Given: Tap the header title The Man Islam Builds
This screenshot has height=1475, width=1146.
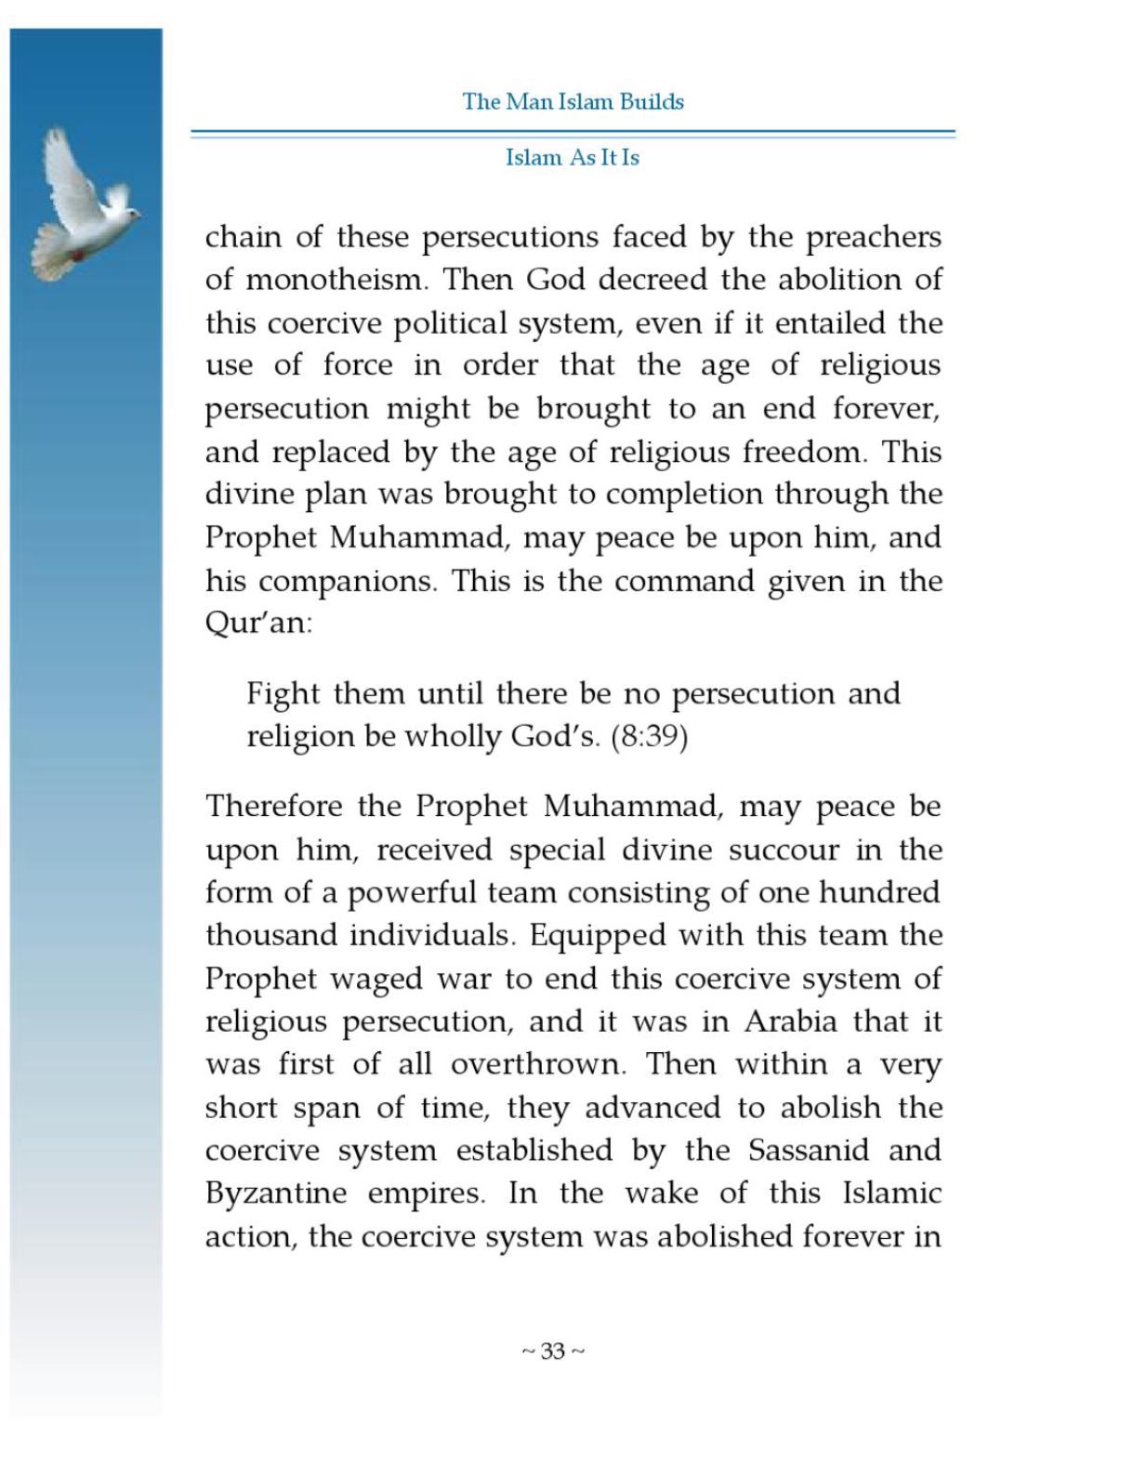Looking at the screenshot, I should coord(573,101).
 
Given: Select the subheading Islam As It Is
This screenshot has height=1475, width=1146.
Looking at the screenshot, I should coord(573,157).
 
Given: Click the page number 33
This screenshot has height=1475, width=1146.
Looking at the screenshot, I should coord(553,1350).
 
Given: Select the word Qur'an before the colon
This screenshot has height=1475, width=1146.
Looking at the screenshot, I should coord(255,623).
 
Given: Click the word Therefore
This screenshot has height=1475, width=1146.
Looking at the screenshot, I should coord(274,806).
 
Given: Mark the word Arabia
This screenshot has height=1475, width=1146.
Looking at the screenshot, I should coord(790,1021).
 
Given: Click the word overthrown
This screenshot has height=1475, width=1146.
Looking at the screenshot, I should coord(536,1064).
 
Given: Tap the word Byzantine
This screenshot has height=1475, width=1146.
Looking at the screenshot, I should coord(276,1194).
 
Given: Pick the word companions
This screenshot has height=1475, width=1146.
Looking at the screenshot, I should coord(346,582).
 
